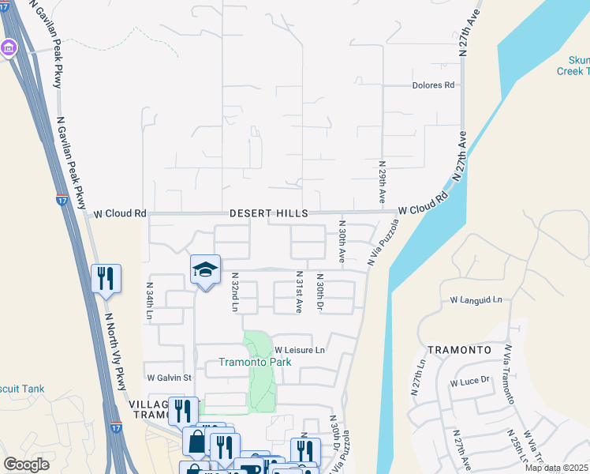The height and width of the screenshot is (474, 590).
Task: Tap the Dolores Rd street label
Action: tap(434, 85)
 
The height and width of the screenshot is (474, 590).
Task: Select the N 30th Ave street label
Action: tap(342, 242)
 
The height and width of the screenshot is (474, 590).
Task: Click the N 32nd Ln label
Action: tap(234, 292)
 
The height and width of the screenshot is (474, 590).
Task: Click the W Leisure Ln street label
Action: tap(300, 350)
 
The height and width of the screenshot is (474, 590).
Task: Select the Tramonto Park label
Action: tap(255, 363)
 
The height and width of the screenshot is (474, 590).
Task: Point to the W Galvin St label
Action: tap(169, 378)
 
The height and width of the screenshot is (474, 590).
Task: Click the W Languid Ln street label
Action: tap(476, 300)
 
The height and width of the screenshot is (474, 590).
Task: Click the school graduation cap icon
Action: tap(205, 269)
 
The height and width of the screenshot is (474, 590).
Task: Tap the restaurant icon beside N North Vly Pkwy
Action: tap(106, 278)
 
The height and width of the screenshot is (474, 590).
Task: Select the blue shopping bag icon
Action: tap(195, 441)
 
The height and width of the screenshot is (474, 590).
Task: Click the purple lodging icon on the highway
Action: tap(9, 48)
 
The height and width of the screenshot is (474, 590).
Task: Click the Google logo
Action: tap(26, 465)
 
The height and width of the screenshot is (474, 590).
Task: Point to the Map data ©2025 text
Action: tap(556, 468)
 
